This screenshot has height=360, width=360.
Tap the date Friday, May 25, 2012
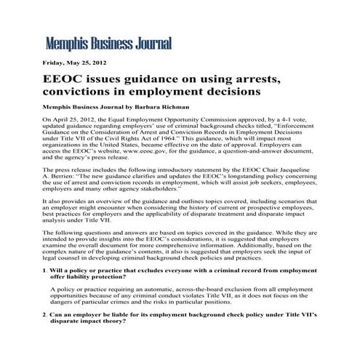tap(74, 63)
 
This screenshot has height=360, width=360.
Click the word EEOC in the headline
tap(68, 78)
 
